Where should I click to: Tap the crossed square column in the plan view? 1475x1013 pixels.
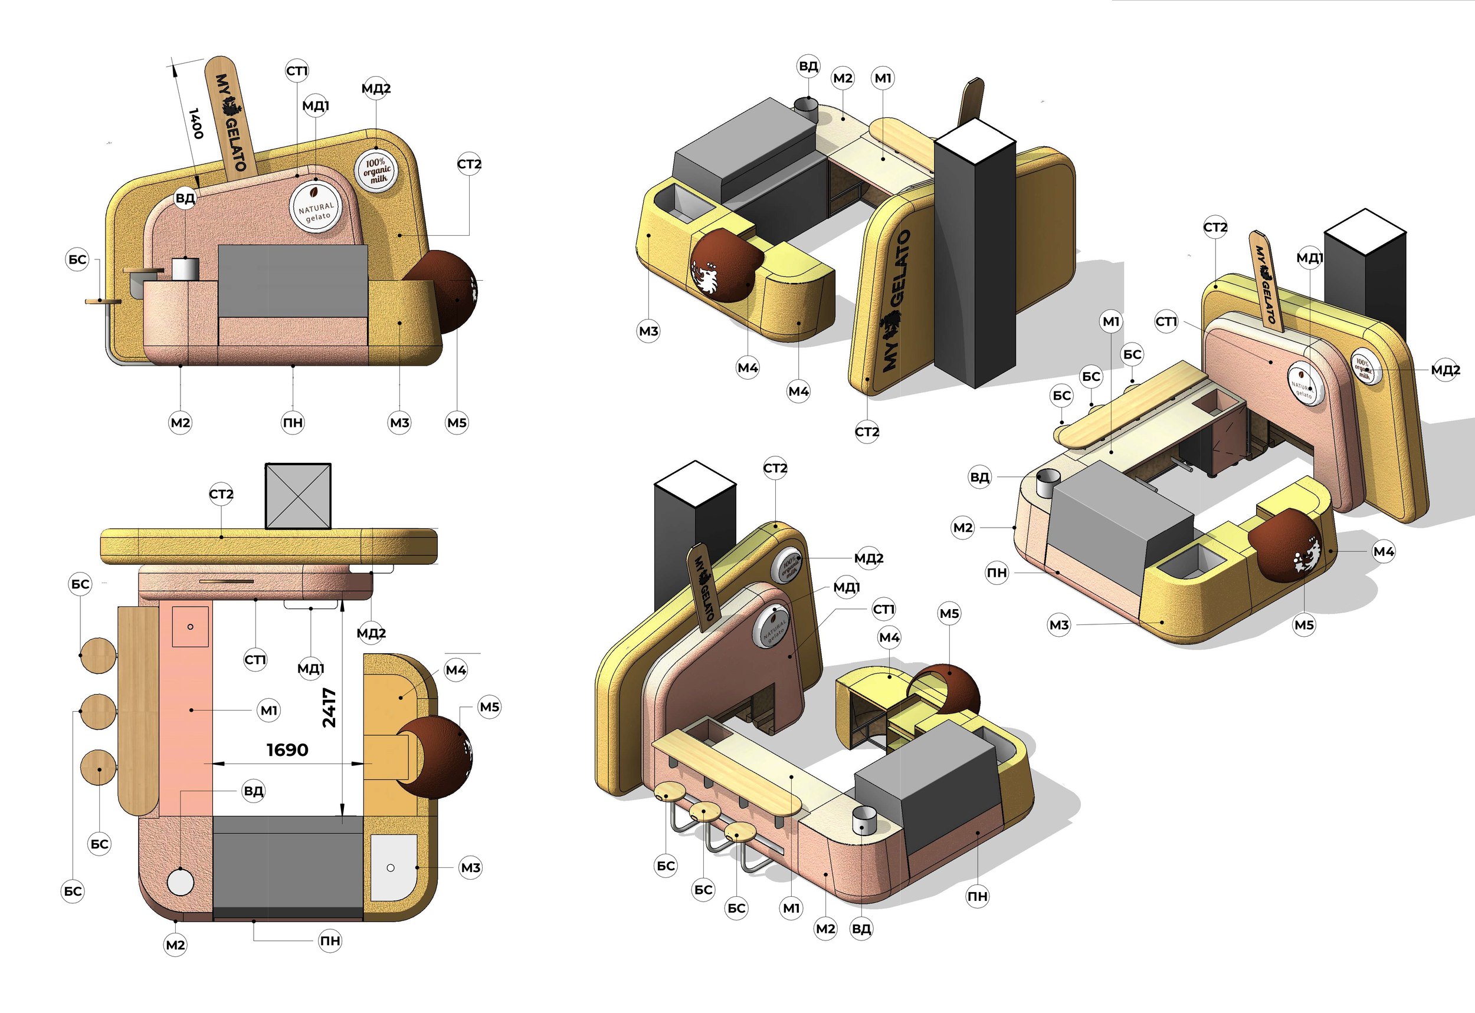pos(298,496)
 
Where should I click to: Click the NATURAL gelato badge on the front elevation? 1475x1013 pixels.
pos(316,207)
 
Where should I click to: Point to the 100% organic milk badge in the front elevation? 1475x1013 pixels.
pos(376,170)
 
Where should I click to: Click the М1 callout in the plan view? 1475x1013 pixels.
pos(268,711)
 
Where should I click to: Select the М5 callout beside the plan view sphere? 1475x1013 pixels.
pos(489,707)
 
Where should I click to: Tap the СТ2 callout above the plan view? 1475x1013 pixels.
pos(221,494)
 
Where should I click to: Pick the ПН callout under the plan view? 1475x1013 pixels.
pos(330,940)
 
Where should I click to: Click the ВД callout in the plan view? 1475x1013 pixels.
pos(253,791)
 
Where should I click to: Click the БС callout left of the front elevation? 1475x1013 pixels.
pos(77,259)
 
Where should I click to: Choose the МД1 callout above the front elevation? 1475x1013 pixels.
pos(316,106)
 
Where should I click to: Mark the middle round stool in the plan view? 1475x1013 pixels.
pos(99,711)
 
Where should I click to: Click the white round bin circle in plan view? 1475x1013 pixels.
pos(181,882)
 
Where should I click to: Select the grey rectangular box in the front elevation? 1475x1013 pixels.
pos(293,281)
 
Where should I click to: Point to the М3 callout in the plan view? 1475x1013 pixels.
pos(470,867)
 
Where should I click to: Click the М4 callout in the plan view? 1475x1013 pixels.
pos(455,670)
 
